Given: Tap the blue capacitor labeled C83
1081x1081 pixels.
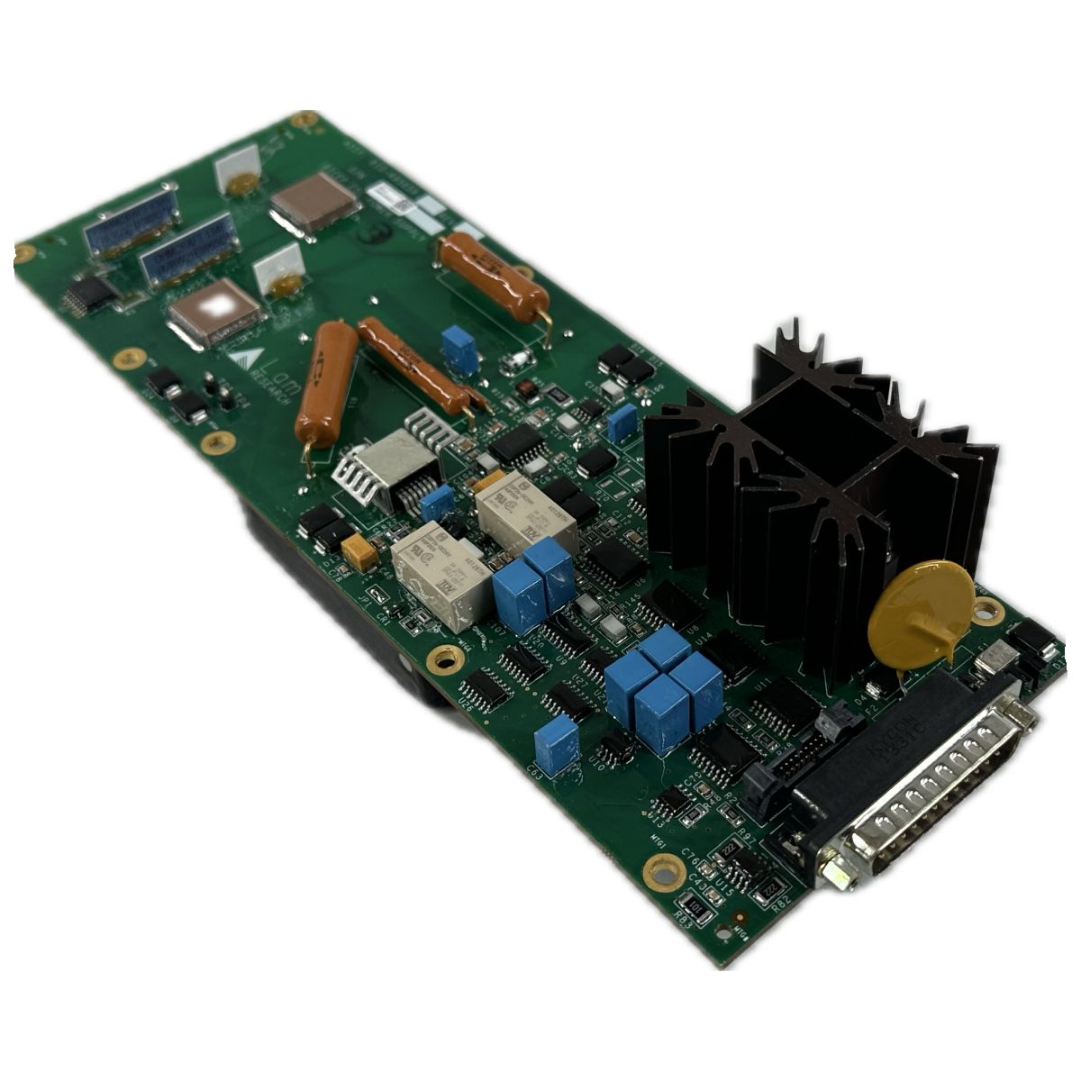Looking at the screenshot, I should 556,744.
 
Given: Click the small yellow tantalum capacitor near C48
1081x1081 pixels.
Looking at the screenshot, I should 360,553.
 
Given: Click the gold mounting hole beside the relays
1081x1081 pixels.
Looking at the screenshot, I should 441,659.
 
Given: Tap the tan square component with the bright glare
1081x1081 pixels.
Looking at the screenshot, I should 216,312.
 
